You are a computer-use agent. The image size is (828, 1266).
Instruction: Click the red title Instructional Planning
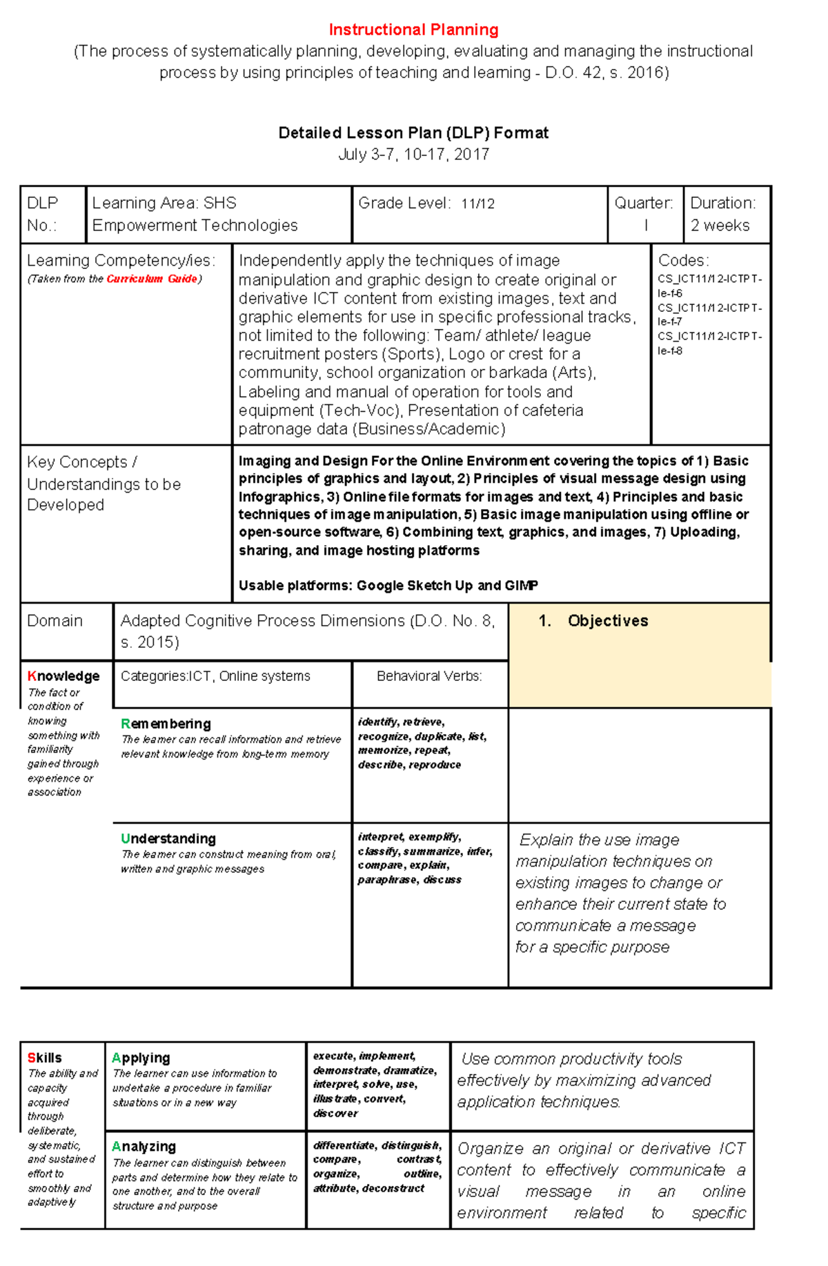click(x=413, y=30)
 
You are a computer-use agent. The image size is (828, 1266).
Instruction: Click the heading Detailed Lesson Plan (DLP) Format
click(x=413, y=132)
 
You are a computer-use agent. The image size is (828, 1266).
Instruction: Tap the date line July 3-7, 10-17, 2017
click(x=413, y=155)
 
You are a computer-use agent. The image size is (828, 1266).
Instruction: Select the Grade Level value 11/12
click(x=477, y=204)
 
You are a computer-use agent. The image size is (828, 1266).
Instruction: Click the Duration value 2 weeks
click(x=720, y=226)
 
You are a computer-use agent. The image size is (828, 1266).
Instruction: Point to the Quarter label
click(x=643, y=203)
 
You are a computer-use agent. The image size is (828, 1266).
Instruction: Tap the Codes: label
click(x=683, y=260)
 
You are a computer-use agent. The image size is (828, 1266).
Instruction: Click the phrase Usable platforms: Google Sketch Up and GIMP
click(x=388, y=586)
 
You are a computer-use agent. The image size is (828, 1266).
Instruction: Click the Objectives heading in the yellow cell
click(x=607, y=621)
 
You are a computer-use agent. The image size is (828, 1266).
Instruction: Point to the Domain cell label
click(x=55, y=621)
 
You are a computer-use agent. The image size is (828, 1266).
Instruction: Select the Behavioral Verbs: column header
click(x=429, y=676)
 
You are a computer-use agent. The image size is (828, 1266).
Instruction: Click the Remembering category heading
click(x=166, y=724)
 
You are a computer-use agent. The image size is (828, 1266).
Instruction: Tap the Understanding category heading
click(x=168, y=839)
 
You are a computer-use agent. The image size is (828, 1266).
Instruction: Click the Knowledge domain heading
click(x=63, y=676)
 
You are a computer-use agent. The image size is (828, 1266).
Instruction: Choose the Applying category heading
click(x=141, y=1058)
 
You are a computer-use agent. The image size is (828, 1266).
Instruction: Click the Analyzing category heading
click(x=144, y=1147)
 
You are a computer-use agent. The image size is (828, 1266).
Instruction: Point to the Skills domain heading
click(x=44, y=1058)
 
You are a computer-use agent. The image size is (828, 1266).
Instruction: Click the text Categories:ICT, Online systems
click(x=215, y=676)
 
